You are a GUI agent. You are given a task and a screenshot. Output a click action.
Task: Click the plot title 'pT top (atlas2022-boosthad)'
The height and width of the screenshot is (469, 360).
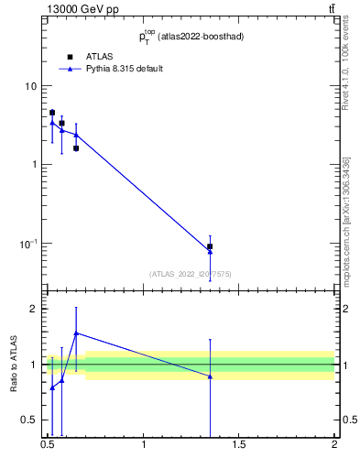(x=191, y=38)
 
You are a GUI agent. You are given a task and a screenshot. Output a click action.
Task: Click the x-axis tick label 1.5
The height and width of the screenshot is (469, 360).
(x=239, y=446)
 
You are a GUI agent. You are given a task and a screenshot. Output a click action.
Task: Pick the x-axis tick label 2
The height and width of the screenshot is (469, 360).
(x=334, y=446)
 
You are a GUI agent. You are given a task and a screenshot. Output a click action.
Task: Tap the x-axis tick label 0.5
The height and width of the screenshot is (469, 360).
(x=48, y=446)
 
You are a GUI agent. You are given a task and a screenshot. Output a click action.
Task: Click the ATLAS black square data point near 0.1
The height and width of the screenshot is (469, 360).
(x=210, y=246)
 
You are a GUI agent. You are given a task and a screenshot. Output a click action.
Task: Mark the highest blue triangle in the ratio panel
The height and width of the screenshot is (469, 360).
(x=76, y=333)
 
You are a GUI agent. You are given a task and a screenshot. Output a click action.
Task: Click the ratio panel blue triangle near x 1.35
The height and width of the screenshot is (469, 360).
(x=210, y=376)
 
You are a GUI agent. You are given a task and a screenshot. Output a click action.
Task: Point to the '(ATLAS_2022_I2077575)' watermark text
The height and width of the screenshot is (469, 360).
(x=191, y=273)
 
